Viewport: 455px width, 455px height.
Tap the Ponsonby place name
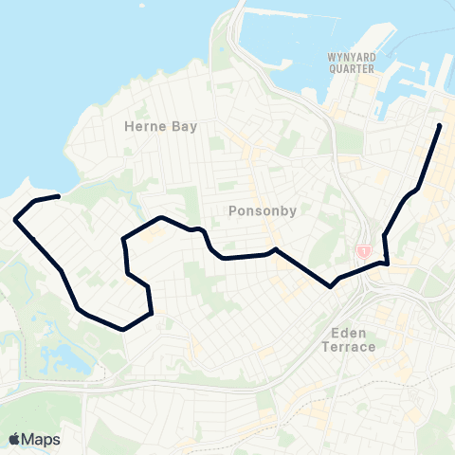(257, 210)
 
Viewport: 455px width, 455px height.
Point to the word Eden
(350, 334)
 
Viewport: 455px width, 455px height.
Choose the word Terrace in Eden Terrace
(350, 347)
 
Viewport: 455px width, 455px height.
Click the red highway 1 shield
(364, 251)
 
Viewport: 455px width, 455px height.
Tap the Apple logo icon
(15, 439)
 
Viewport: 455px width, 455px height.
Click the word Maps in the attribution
(42, 439)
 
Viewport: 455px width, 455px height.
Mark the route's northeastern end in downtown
(440, 125)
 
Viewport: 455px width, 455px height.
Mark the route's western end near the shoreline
(59, 196)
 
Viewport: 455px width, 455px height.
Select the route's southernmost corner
(124, 329)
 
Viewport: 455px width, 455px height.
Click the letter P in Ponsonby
(233, 210)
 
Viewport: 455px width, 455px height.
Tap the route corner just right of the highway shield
(387, 263)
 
